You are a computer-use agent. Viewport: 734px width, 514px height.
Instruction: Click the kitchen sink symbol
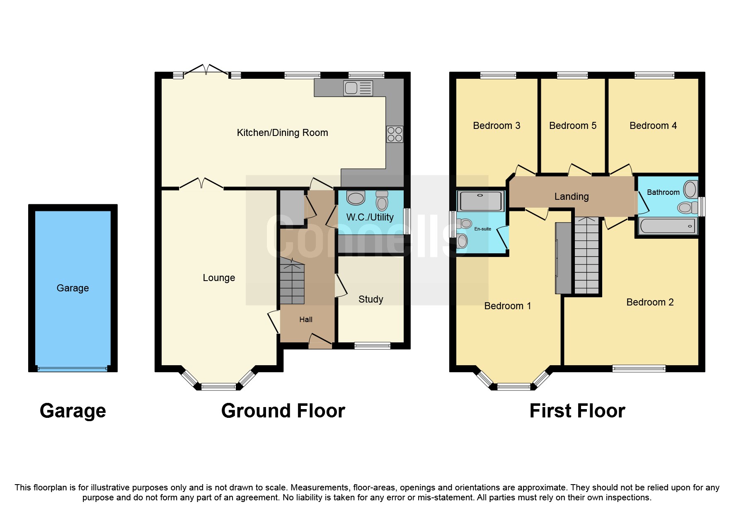(x=358, y=88)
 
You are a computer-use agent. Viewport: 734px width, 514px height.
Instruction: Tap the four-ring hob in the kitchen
(x=394, y=134)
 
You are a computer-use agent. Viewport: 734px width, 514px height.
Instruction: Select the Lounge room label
(x=218, y=278)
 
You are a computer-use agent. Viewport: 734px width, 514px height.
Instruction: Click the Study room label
(x=371, y=299)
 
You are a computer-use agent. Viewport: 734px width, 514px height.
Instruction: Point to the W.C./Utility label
(x=370, y=217)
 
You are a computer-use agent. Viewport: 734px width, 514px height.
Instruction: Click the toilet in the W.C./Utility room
(x=382, y=201)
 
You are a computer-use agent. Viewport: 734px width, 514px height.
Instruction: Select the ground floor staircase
(x=292, y=282)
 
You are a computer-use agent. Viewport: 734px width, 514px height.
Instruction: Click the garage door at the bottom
(x=73, y=368)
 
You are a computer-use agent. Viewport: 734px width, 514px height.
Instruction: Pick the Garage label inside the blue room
(x=73, y=288)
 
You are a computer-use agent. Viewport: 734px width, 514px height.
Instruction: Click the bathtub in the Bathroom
(x=667, y=226)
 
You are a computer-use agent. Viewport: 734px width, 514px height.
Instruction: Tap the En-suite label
(x=482, y=229)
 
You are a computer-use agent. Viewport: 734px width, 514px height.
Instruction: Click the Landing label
(x=571, y=196)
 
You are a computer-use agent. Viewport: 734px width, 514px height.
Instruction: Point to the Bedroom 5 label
(x=572, y=126)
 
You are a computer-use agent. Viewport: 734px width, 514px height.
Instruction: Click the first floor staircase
(x=586, y=257)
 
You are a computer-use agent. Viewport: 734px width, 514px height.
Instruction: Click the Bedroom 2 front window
(x=639, y=368)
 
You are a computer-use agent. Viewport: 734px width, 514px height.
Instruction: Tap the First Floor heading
(x=577, y=411)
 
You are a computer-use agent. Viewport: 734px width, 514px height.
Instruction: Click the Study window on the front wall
(x=372, y=345)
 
